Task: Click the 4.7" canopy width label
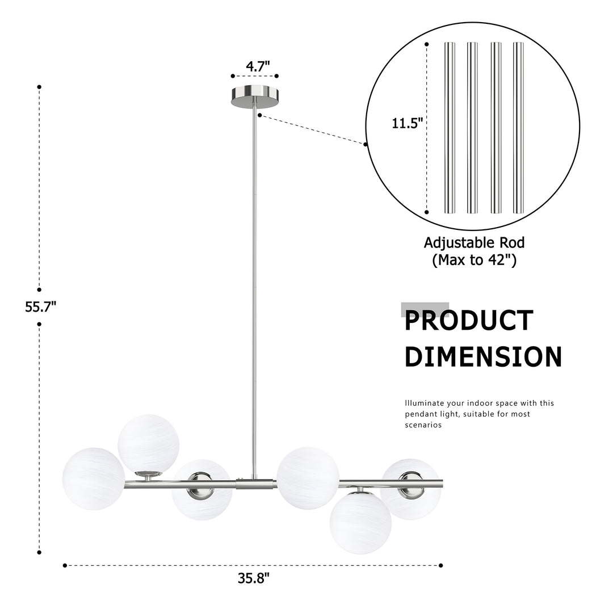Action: [x=258, y=66]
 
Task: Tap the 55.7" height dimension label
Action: [x=41, y=307]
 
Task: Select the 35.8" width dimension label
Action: [x=254, y=578]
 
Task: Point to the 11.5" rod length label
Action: [x=408, y=124]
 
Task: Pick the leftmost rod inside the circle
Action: [x=450, y=128]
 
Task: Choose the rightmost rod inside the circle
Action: [x=518, y=128]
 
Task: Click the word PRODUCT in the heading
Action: [x=469, y=321]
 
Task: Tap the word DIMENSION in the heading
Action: [x=483, y=356]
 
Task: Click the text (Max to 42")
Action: [x=474, y=260]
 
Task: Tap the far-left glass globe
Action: [x=94, y=478]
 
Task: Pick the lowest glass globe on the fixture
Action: [x=360, y=523]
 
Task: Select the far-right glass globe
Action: [x=410, y=489]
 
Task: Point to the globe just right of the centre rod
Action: [x=308, y=478]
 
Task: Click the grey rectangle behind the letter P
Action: [x=425, y=309]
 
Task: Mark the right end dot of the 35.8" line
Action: [x=440, y=565]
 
